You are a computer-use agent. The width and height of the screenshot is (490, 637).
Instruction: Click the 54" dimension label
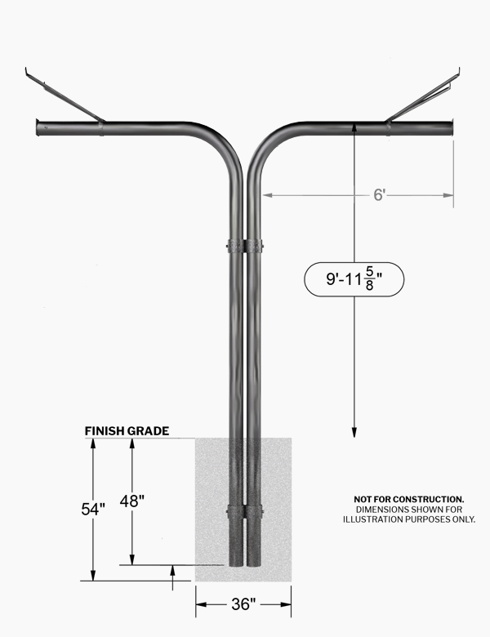click(x=93, y=509)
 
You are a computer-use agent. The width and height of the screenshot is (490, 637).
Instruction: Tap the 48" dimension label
click(x=132, y=501)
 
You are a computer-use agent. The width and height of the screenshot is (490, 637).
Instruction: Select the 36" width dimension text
click(x=244, y=604)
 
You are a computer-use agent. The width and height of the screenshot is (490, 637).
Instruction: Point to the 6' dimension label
click(x=379, y=195)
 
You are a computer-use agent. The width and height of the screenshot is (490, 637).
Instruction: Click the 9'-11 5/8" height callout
click(x=354, y=279)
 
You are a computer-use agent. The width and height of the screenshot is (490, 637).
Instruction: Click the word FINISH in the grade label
click(x=104, y=431)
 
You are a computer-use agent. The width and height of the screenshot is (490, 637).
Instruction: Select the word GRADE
click(x=148, y=431)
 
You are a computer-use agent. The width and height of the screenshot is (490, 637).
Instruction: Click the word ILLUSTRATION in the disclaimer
click(x=370, y=519)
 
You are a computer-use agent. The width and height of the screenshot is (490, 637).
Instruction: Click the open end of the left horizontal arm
click(x=38, y=127)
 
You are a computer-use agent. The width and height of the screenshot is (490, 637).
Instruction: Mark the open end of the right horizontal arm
click(x=451, y=128)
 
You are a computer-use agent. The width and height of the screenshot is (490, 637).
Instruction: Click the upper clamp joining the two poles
click(x=245, y=246)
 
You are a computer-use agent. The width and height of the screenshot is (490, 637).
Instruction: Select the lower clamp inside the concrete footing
click(x=245, y=510)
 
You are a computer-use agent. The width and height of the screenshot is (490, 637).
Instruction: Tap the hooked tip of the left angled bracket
click(x=27, y=73)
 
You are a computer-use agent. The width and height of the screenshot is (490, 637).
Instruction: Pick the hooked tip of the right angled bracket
click(x=459, y=73)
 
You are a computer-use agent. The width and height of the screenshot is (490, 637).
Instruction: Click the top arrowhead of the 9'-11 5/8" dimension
click(x=354, y=127)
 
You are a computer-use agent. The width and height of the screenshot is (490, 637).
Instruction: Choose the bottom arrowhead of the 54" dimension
click(x=93, y=576)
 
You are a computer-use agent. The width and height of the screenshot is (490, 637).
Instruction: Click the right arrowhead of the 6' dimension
click(x=448, y=195)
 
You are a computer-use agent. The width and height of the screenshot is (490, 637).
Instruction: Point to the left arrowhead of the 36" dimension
click(x=201, y=604)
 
